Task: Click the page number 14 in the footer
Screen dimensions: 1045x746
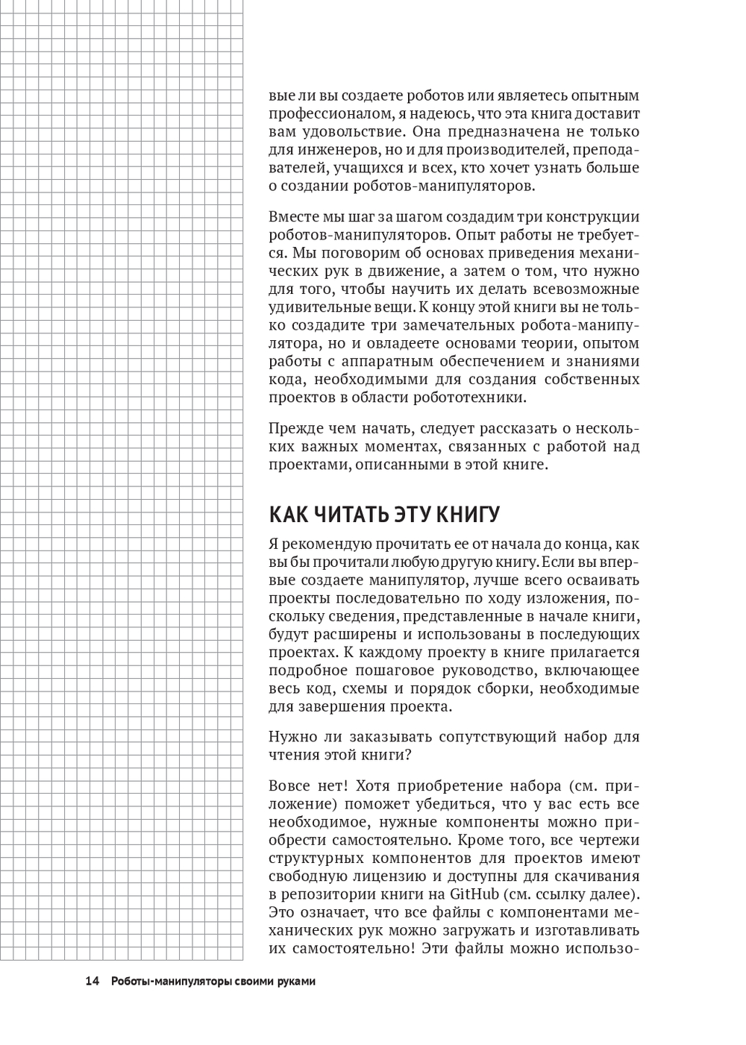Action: pyautogui.click(x=93, y=981)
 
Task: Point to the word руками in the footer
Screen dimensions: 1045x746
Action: pyautogui.click(x=293, y=981)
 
